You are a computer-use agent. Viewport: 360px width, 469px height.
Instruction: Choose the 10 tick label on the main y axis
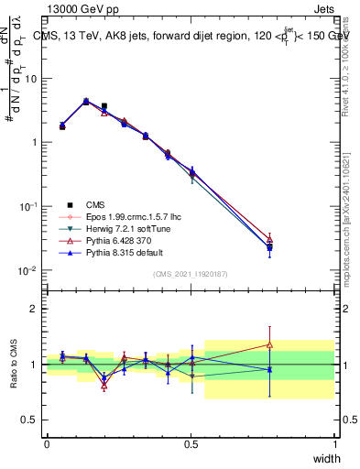pyautogui.click(x=30, y=78)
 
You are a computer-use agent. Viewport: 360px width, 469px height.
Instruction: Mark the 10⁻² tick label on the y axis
pyautogui.click(x=27, y=270)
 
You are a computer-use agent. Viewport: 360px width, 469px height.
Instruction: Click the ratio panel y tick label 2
pyautogui.click(x=33, y=309)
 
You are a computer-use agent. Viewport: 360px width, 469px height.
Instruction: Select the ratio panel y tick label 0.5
pyautogui.click(x=29, y=420)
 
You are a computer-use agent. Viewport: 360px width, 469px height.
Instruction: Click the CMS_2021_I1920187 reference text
pyautogui.click(x=191, y=275)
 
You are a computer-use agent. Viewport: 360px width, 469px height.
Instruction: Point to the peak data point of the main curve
pyautogui.click(x=86, y=102)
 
